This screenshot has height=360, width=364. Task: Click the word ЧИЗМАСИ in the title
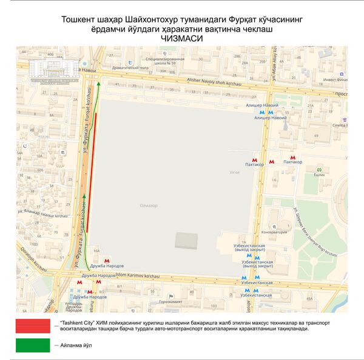pyautogui.click(x=182, y=38)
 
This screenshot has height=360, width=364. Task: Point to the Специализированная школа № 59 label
pyautogui.click(x=161, y=60)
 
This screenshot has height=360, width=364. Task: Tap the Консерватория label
pyautogui.click(x=274, y=232)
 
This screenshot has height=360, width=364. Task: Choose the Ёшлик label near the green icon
pyautogui.click(x=318, y=175)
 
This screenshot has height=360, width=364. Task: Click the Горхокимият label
pyautogui.click(x=166, y=301)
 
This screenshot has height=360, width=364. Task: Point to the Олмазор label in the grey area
pyautogui.click(x=148, y=206)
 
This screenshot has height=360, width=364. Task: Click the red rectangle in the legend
pyautogui.click(x=33, y=325)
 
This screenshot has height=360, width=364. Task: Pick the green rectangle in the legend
pyautogui.click(x=33, y=345)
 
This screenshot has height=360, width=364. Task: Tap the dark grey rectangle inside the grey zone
pyautogui.click(x=186, y=240)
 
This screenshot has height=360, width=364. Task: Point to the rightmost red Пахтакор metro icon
pyautogui.click(x=294, y=156)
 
